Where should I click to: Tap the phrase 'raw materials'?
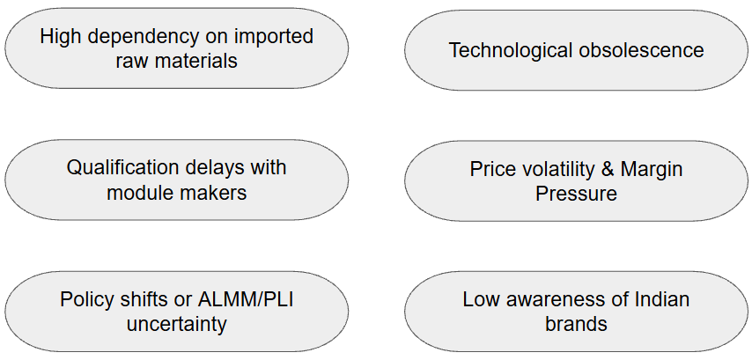[x=176, y=61]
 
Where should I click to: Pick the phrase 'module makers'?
[x=176, y=192]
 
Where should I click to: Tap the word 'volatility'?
[x=561, y=169]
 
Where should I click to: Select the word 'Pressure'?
[x=576, y=194]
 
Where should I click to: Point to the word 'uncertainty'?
[x=176, y=324]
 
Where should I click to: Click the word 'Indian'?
[x=660, y=299]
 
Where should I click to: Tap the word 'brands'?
[x=576, y=324]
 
